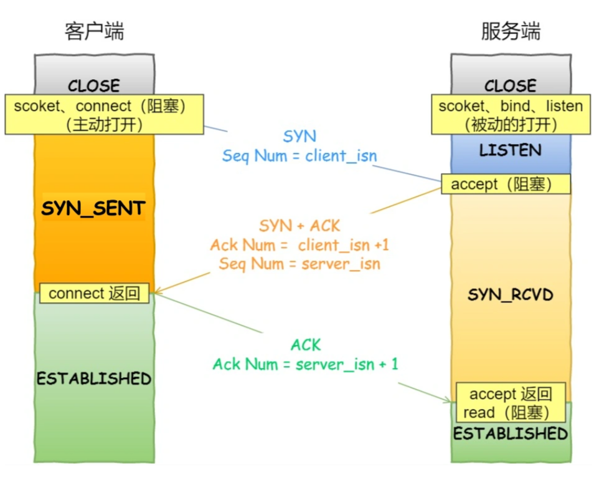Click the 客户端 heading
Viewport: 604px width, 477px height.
click(94, 31)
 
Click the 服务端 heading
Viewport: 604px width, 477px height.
click(511, 31)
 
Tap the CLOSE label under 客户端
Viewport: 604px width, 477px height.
click(94, 85)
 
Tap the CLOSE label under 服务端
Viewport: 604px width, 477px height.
click(511, 85)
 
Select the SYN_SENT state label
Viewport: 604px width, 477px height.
click(93, 208)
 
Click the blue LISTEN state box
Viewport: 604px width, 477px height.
click(511, 150)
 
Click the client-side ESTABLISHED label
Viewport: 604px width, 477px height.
click(94, 378)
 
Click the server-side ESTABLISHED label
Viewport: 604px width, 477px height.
click(511, 433)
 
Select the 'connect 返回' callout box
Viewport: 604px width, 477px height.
click(95, 293)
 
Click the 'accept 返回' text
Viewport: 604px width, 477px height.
click(511, 394)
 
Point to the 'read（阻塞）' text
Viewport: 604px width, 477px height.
click(506, 412)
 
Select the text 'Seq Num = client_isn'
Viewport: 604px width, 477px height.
click(300, 156)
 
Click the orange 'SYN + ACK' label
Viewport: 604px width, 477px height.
click(300, 226)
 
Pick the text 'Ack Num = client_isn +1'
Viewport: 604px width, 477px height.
click(300, 245)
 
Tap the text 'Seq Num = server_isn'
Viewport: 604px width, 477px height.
click(300, 264)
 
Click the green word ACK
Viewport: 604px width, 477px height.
click(306, 345)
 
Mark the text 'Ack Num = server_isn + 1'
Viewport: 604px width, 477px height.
click(305, 364)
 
